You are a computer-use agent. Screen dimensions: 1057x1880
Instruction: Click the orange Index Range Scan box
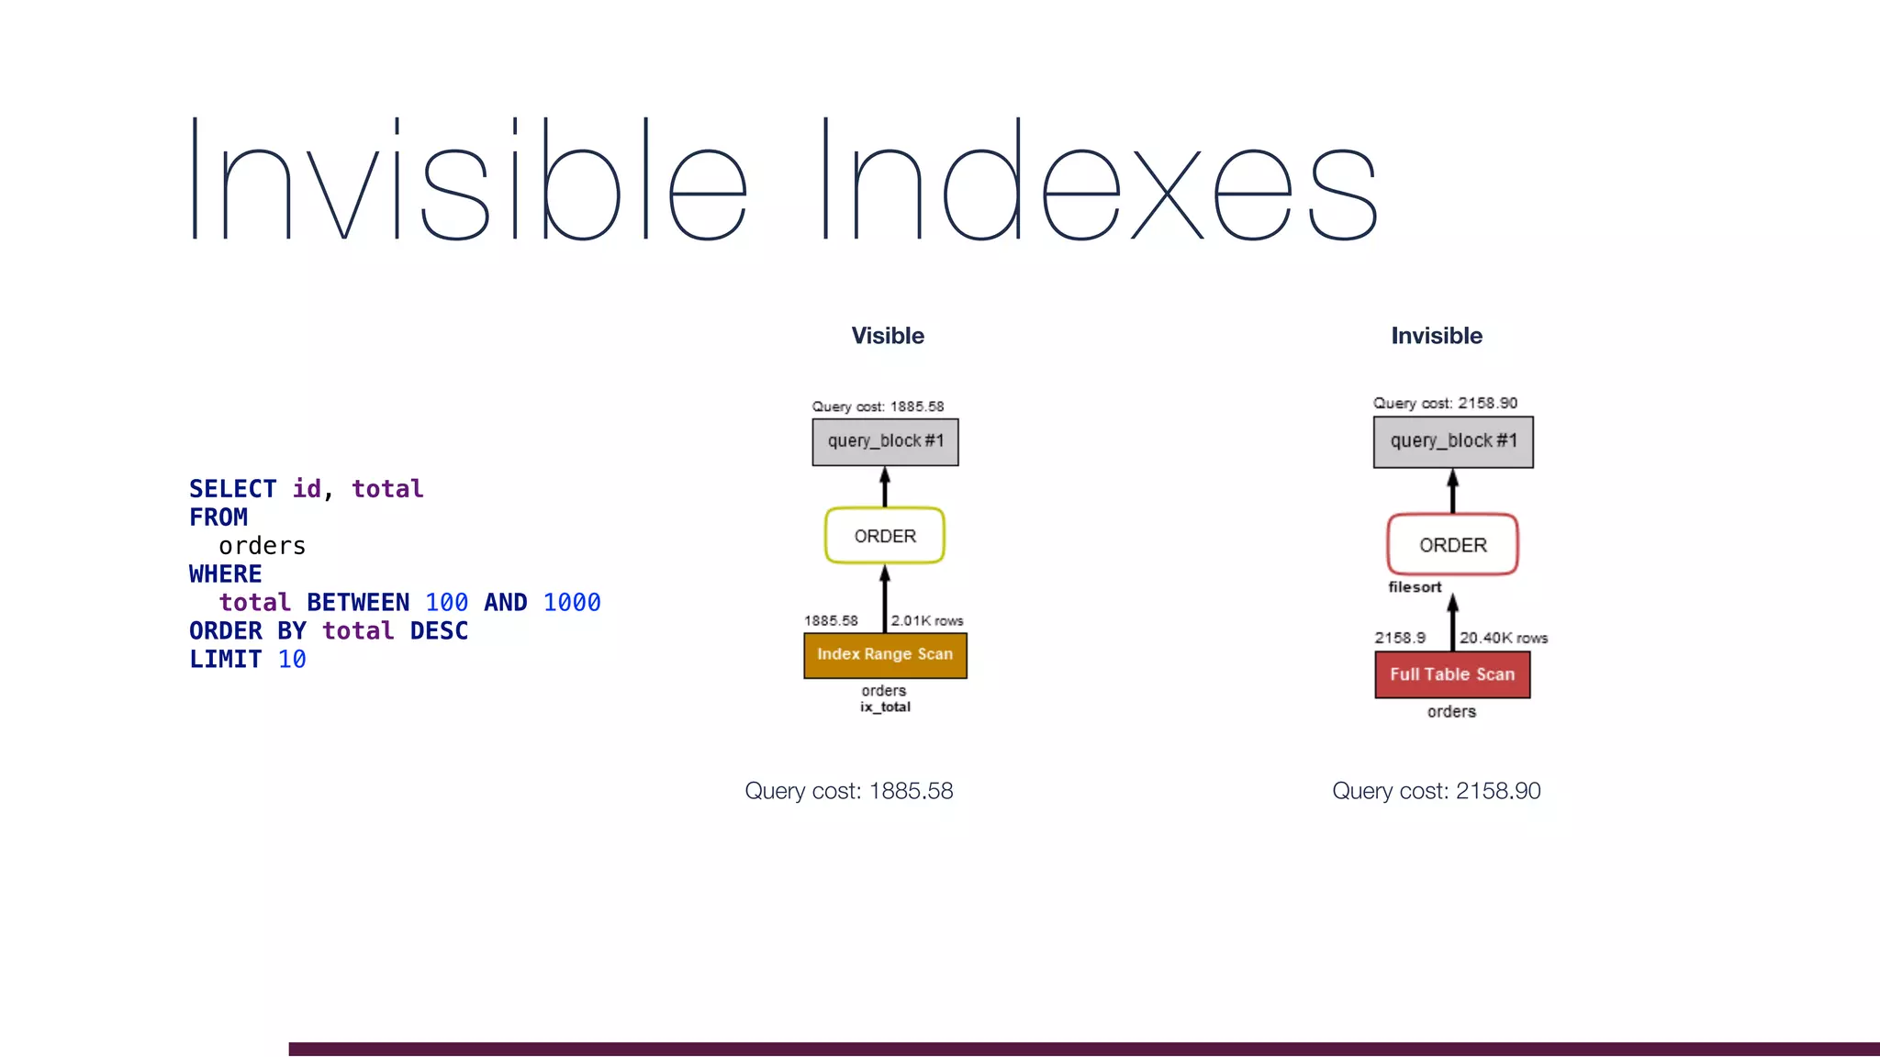(885, 655)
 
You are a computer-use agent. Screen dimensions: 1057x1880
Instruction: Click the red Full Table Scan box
(1452, 674)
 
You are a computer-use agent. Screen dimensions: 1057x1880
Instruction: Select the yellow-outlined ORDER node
(885, 536)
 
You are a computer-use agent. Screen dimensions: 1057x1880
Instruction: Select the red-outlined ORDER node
(1452, 545)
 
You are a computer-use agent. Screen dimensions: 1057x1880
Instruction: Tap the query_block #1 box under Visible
(885, 441)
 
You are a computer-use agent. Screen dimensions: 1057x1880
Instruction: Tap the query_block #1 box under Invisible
(1453, 441)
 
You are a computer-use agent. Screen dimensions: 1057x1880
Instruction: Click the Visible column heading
(887, 336)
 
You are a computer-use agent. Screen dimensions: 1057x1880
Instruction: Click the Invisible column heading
(1437, 336)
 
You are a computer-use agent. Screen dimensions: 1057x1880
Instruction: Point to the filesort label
(1415, 587)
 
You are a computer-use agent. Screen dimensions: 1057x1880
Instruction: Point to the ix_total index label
(885, 707)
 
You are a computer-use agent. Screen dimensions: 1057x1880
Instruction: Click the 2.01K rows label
(927, 621)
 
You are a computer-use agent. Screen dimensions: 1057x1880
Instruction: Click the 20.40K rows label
(1504, 638)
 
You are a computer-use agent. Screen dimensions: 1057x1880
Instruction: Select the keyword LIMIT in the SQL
(225, 660)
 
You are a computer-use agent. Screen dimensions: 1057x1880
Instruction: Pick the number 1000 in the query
(571, 603)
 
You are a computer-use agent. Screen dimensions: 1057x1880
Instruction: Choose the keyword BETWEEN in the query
(358, 603)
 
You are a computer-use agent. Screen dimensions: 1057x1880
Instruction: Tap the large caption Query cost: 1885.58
(848, 791)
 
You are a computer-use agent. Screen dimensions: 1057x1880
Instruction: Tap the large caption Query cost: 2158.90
(1436, 791)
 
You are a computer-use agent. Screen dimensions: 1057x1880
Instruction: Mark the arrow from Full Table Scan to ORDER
(1452, 622)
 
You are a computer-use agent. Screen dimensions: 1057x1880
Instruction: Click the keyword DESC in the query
(439, 631)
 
